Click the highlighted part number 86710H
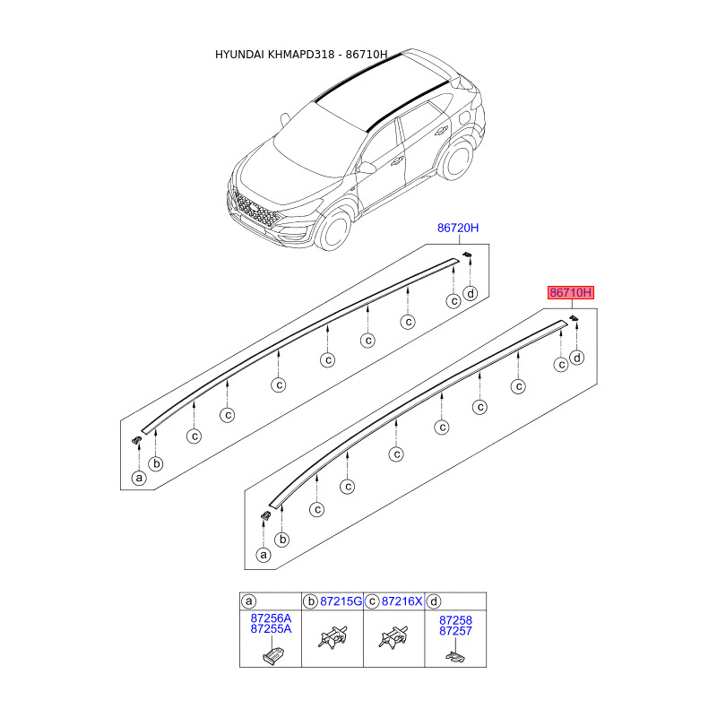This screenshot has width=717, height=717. (x=571, y=293)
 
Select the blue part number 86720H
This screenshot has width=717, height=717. (x=458, y=228)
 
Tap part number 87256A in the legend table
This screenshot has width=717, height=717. (x=271, y=618)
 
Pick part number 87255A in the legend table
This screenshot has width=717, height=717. (x=271, y=629)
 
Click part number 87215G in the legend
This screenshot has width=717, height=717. (x=341, y=601)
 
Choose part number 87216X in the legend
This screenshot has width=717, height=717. (x=402, y=601)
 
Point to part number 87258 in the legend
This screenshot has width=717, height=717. (x=455, y=620)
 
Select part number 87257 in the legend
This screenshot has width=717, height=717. (x=455, y=631)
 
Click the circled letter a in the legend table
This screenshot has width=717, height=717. (x=249, y=601)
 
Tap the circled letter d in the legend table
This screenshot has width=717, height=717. (x=434, y=601)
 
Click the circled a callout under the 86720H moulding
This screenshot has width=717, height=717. (x=139, y=479)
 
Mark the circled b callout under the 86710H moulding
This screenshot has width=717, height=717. (x=282, y=540)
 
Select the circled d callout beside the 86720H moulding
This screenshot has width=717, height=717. (x=470, y=294)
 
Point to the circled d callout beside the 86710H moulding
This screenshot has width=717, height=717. (x=577, y=358)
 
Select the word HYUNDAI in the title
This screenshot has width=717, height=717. (x=239, y=55)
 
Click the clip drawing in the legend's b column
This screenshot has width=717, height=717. (x=333, y=637)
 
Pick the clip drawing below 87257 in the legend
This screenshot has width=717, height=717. (x=455, y=656)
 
